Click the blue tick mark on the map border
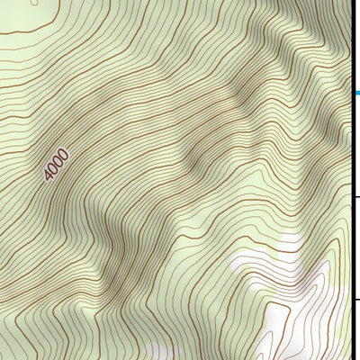pos(356,92)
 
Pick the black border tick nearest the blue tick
pos(356,197)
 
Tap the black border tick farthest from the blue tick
pos(356,301)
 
